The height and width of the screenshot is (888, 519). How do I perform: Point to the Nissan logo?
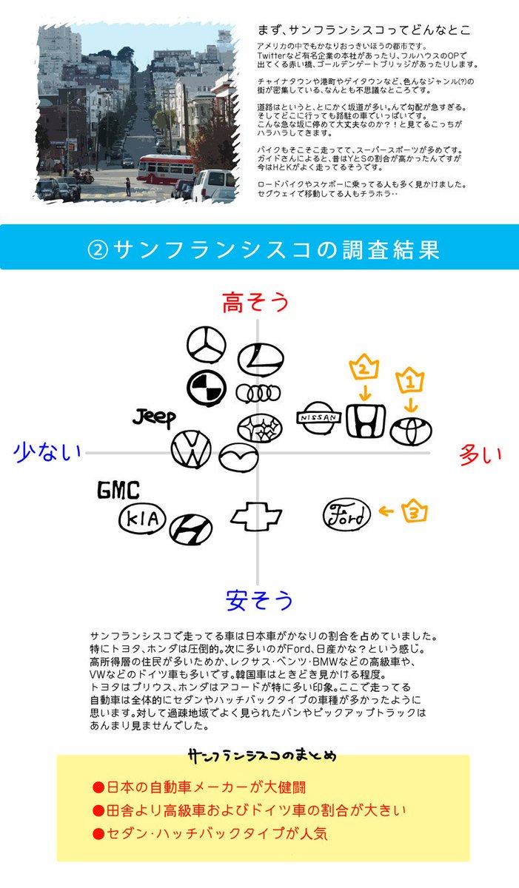click(x=318, y=418)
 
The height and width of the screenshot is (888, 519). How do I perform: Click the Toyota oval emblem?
click(x=411, y=431)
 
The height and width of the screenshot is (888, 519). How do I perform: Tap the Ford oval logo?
click(x=346, y=514)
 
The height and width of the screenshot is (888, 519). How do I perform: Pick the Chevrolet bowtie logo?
click(x=256, y=517)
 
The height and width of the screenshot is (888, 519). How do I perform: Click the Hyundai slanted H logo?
click(x=190, y=529)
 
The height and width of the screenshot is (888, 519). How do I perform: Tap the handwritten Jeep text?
click(x=155, y=418)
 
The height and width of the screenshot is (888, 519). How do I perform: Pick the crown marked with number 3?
click(x=416, y=511)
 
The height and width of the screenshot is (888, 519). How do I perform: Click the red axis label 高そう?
click(x=255, y=303)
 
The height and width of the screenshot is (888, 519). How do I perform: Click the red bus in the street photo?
click(x=166, y=169)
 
